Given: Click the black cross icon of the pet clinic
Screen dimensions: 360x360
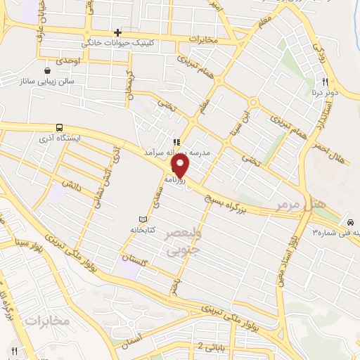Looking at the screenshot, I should tap(117, 32).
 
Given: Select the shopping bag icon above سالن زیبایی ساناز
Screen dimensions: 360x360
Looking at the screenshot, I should tap(47, 70).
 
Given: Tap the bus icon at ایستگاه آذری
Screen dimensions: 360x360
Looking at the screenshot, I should tap(60, 128).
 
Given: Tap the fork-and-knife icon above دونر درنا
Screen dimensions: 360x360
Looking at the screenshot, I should tap(324, 81).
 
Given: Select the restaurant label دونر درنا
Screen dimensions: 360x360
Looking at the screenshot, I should tap(324, 92).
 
